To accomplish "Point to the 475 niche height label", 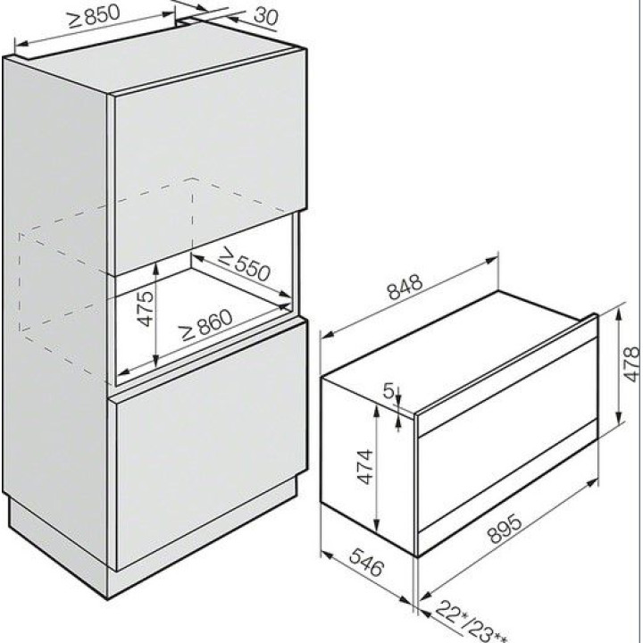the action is pos(146,308).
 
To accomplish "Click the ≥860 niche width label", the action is pos(206,324).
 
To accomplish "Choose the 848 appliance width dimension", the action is pos(405,287).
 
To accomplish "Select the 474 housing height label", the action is pos(364,467).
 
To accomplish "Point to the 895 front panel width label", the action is pos(505,529).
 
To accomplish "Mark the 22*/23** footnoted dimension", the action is pos(472,622).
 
